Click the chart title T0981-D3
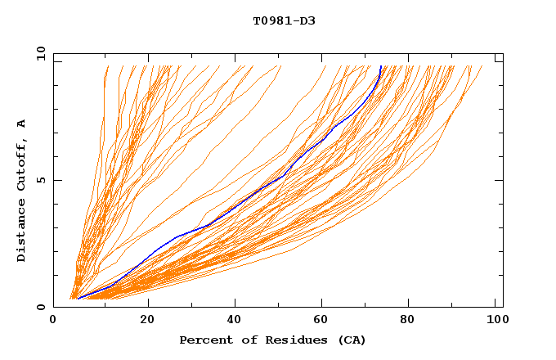pyautogui.click(x=284, y=20)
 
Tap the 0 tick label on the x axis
pyautogui.click(x=53, y=321)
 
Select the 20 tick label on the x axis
pyautogui.click(x=147, y=321)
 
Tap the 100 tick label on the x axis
pyautogui.click(x=495, y=321)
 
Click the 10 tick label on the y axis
pyautogui.click(x=40, y=54)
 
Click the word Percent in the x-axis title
pyautogui.click(x=204, y=340)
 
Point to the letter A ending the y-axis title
pyautogui.click(x=21, y=123)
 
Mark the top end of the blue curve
pyautogui.click(x=380, y=66)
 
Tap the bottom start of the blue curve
pyautogui.click(x=78, y=299)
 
